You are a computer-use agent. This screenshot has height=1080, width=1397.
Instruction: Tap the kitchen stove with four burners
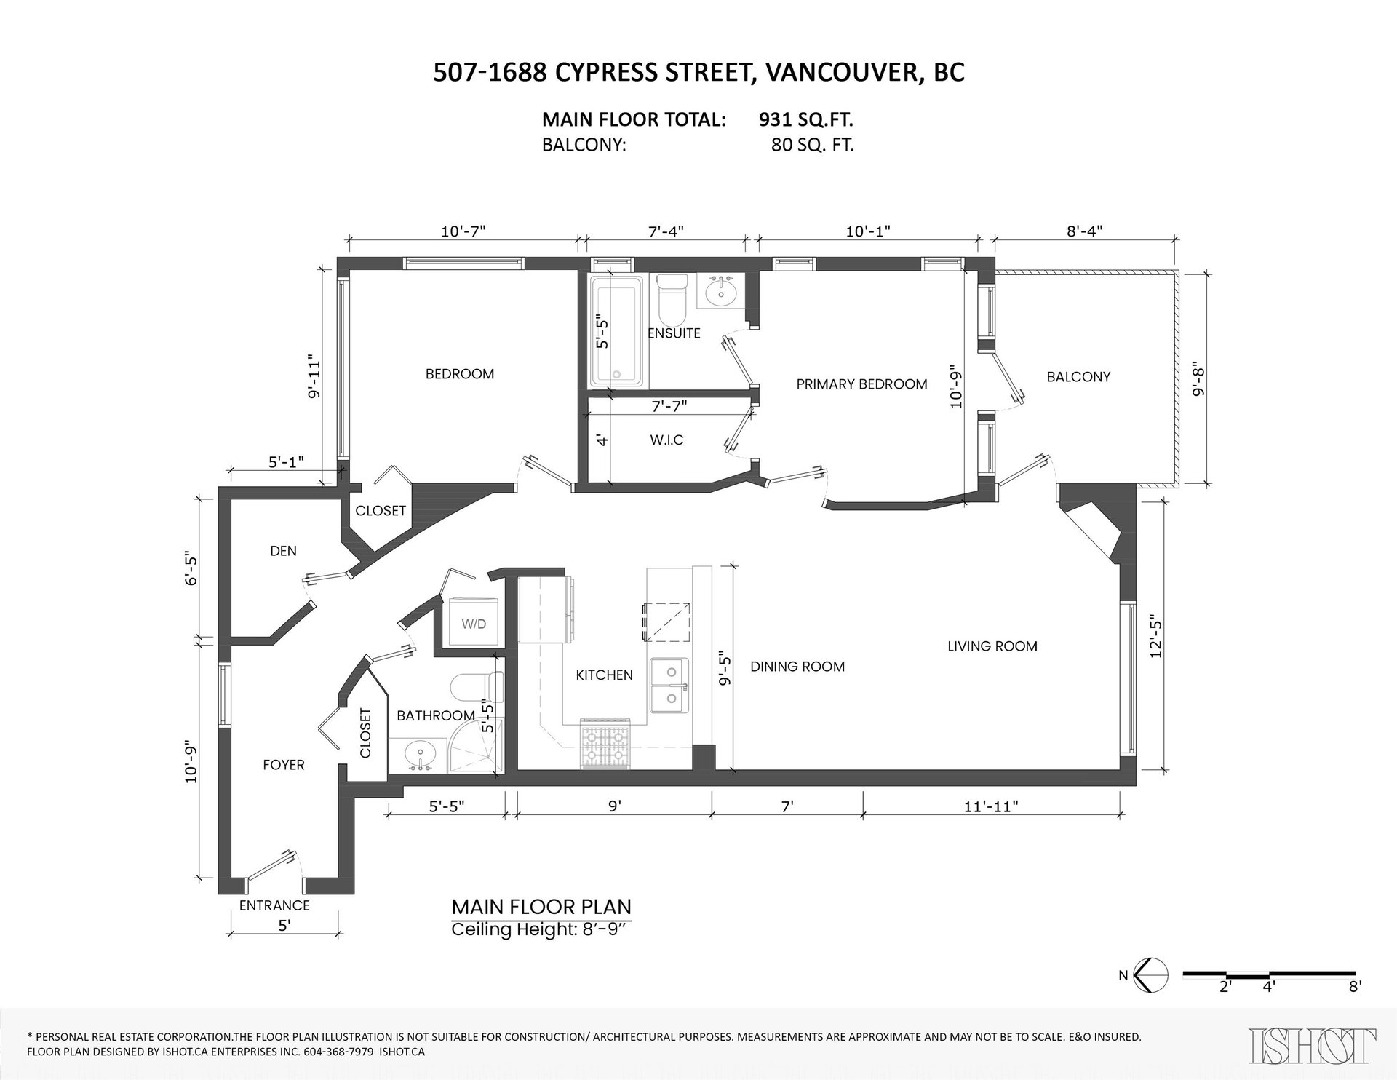click(x=605, y=744)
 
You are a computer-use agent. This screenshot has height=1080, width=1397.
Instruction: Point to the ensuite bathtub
click(x=616, y=331)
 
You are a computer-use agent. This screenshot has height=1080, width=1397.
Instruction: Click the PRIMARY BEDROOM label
click(x=861, y=384)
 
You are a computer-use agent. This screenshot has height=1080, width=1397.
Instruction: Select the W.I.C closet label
click(x=667, y=440)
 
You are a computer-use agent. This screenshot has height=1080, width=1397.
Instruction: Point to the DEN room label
click(x=283, y=551)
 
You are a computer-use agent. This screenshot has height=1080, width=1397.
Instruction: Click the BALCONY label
click(x=1078, y=377)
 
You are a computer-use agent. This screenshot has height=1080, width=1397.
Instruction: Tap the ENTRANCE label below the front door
click(x=274, y=905)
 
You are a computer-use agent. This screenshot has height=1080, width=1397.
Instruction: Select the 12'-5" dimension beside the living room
click(x=1158, y=637)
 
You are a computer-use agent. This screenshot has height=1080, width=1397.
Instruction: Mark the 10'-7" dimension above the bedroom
click(x=463, y=231)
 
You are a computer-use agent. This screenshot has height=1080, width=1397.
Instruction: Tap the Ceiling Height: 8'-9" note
click(x=539, y=929)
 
